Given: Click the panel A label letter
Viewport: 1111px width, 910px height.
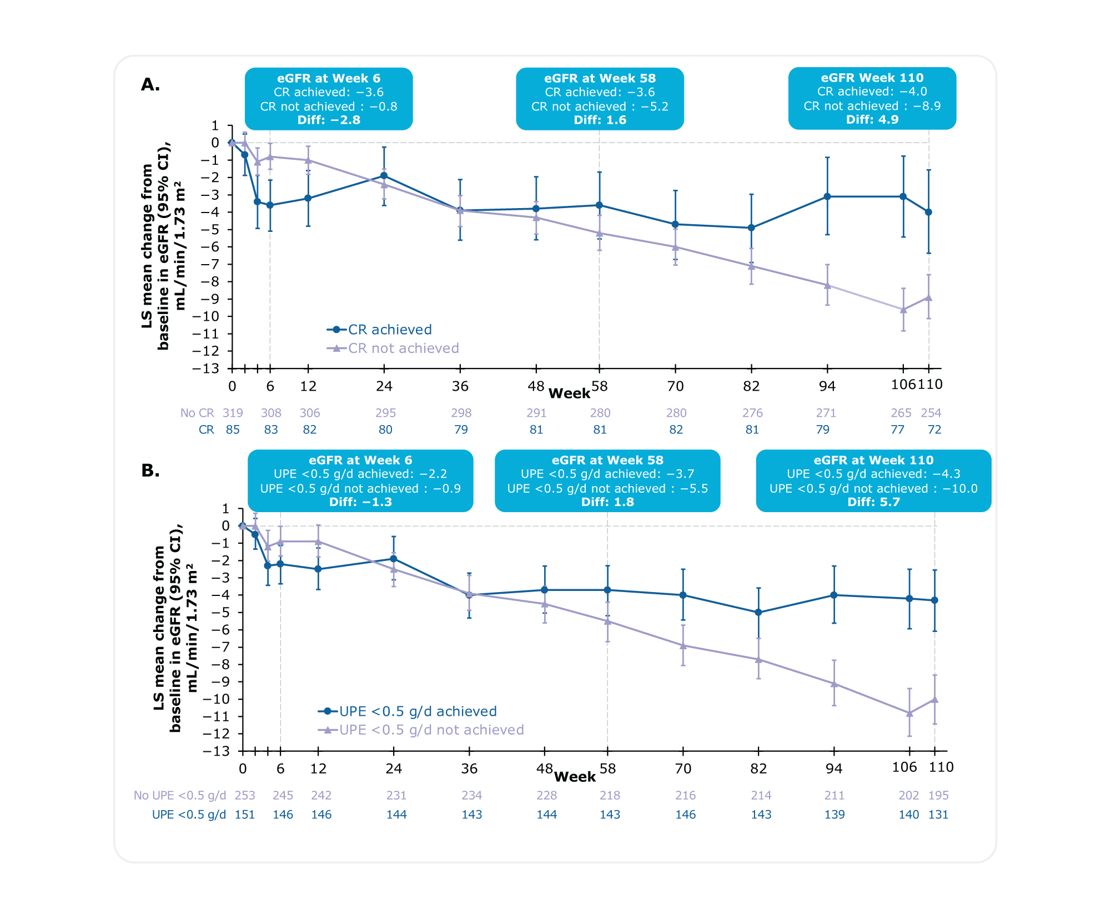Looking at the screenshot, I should click(x=150, y=84).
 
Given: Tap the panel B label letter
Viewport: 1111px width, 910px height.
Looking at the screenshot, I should click(x=150, y=471).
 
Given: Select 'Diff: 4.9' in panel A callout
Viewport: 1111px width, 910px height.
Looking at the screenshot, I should click(x=872, y=119).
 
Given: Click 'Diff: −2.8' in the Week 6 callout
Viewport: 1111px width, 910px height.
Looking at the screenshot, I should click(x=329, y=120).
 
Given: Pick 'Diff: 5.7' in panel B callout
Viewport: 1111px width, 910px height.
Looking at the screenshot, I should click(x=873, y=502).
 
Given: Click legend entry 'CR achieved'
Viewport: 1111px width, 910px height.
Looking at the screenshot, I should click(x=389, y=330).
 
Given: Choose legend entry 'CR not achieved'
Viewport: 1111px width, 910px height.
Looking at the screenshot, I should click(x=403, y=348).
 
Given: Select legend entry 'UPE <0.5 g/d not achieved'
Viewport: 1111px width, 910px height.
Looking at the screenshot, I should click(x=431, y=730).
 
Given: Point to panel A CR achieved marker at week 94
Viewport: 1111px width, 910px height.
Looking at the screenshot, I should click(x=827, y=196).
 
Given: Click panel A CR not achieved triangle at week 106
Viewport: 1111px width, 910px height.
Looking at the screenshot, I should click(x=903, y=310).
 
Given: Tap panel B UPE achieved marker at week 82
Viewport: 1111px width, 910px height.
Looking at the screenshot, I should click(x=758, y=613).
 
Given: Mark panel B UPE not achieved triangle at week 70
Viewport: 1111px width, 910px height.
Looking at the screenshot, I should click(x=683, y=645).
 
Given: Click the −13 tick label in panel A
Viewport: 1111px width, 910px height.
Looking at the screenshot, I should click(x=205, y=368).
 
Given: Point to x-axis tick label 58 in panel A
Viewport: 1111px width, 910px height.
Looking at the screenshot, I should click(x=600, y=386).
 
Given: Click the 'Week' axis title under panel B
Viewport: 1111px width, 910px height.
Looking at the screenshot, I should click(x=575, y=777).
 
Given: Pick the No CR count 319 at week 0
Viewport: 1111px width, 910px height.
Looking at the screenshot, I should click(x=233, y=413).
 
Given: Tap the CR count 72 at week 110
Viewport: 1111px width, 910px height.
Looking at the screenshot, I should click(x=934, y=429).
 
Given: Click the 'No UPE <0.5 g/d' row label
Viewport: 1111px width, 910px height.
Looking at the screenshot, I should click(x=179, y=795).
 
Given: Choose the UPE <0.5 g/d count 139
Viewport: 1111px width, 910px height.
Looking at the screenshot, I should click(x=834, y=815).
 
